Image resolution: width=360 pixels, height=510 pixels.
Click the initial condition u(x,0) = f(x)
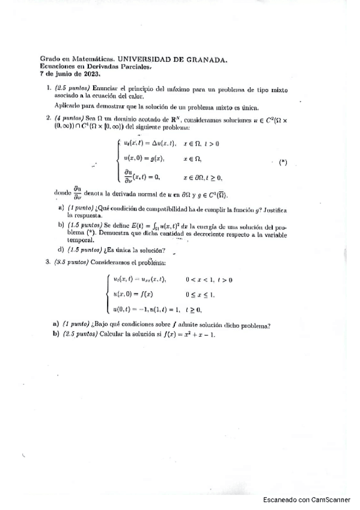coord(133,294)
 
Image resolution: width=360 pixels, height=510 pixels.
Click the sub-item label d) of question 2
coord(60,250)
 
